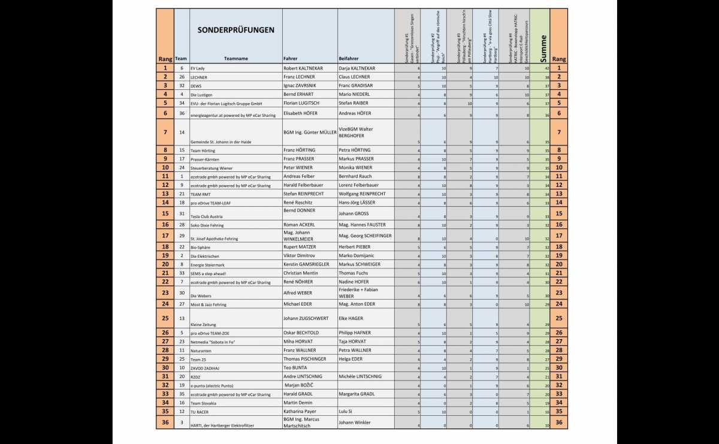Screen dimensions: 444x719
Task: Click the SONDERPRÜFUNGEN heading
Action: click(236, 30)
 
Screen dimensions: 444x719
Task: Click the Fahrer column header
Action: click(291, 59)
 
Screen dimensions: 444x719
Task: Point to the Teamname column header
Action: click(236, 59)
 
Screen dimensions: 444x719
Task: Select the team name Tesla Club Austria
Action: click(206, 216)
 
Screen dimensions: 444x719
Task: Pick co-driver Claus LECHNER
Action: click(354, 77)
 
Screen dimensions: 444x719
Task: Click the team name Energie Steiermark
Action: click(209, 264)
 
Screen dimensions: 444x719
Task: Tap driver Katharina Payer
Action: click(300, 412)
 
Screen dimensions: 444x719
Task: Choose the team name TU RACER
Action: click(200, 412)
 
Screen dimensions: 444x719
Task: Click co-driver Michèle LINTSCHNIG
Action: click(364, 376)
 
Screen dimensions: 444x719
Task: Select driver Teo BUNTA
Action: click(295, 367)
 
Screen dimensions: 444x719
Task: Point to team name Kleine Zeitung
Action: click(204, 324)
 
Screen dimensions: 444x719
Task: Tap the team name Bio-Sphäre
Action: click(201, 247)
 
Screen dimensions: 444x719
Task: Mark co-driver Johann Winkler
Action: click(355, 422)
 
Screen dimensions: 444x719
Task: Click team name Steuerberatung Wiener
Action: click(212, 168)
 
